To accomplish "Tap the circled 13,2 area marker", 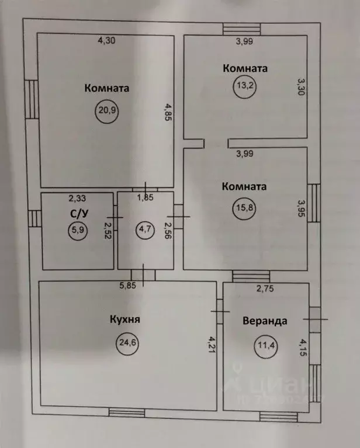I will click(244, 89).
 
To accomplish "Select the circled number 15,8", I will click(244, 209).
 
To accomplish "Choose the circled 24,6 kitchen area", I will click(127, 343).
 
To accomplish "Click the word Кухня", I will click(126, 320).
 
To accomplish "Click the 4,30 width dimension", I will click(106, 41).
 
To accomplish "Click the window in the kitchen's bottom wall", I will click(127, 414).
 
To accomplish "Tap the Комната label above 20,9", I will click(106, 89).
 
